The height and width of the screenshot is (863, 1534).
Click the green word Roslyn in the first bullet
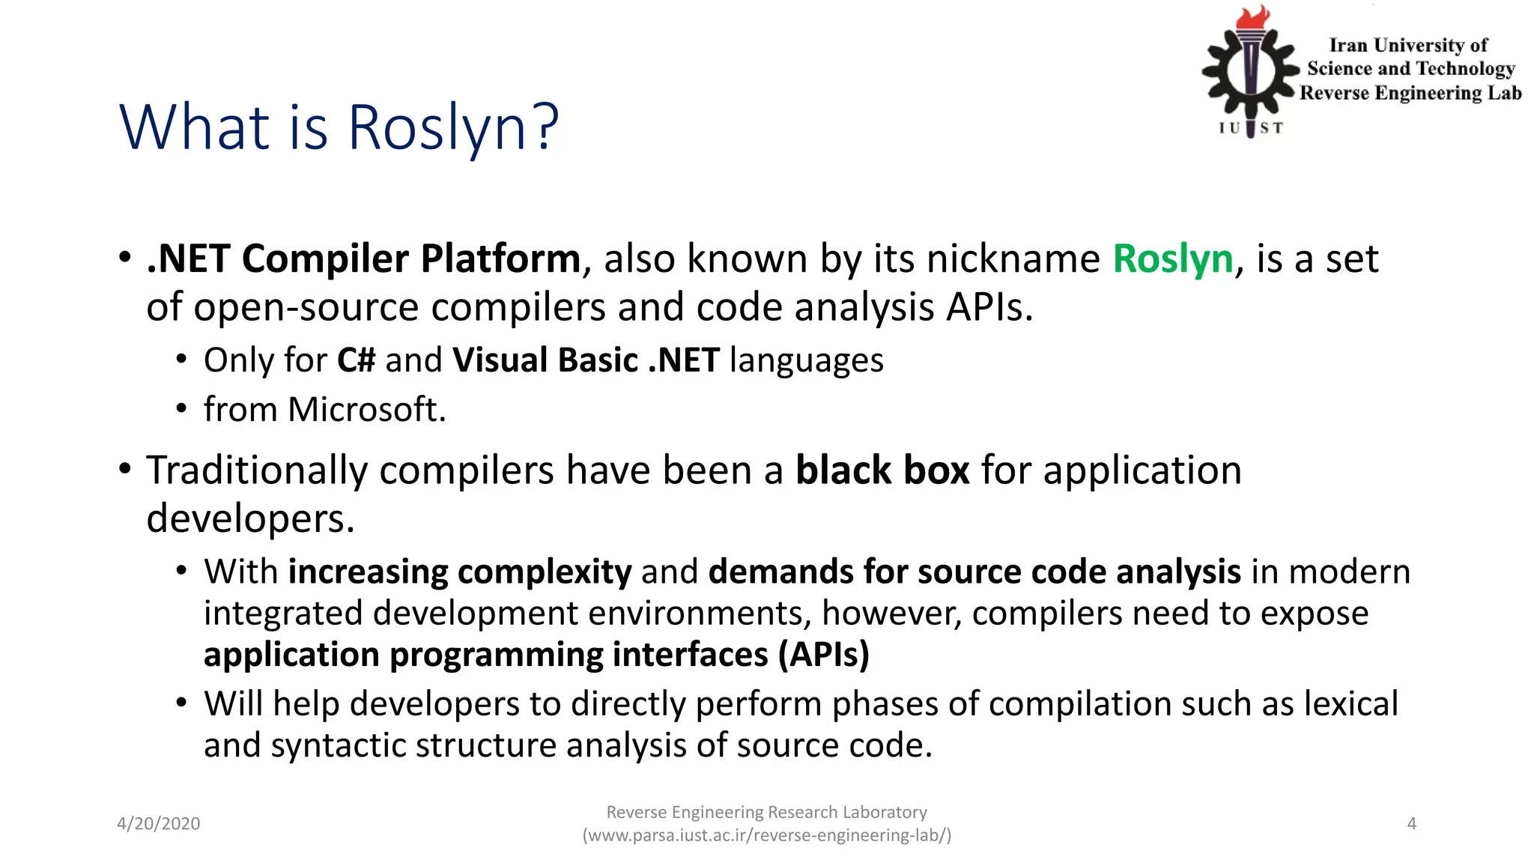pyautogui.click(x=1172, y=259)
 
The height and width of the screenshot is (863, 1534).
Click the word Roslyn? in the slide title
pyautogui.click(x=452, y=127)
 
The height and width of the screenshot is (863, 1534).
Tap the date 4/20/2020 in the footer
pyautogui.click(x=158, y=823)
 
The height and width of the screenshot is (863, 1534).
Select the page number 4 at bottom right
pyautogui.click(x=1411, y=823)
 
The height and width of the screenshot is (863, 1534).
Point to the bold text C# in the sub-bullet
pyautogui.click(x=356, y=360)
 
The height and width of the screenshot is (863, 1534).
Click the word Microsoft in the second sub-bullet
pyautogui.click(x=366, y=410)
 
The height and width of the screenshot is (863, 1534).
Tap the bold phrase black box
pyautogui.click(x=882, y=470)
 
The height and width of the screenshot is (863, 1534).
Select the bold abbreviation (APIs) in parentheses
pyautogui.click(x=823, y=655)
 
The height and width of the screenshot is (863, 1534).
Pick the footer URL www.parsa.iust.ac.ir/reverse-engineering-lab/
pyautogui.click(x=767, y=835)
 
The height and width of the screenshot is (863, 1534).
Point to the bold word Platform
pyautogui.click(x=500, y=259)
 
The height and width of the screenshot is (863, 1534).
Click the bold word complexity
pyautogui.click(x=545, y=572)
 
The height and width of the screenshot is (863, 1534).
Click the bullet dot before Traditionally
pyautogui.click(x=125, y=469)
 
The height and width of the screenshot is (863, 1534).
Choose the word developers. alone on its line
pyautogui.click(x=250, y=519)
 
